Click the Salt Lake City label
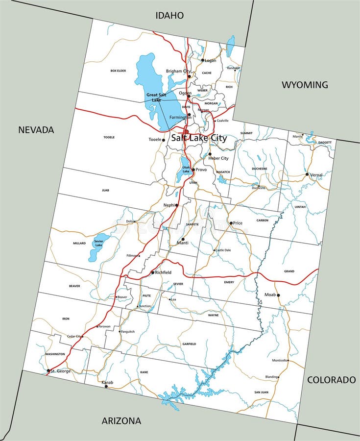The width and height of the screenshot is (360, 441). click(199, 138)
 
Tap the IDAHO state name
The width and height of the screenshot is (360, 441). click(169, 16)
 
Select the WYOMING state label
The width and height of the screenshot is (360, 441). click(305, 85)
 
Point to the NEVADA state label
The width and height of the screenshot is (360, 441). click(36, 130)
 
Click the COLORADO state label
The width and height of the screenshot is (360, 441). click(331, 380)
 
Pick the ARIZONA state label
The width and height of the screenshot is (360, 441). click(121, 420)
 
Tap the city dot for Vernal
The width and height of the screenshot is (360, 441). click(307, 174)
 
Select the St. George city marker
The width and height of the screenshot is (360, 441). click(48, 371)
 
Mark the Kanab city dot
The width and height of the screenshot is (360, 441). click(106, 386)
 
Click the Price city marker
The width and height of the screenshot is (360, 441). click(231, 223)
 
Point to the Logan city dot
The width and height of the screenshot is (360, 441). click(203, 60)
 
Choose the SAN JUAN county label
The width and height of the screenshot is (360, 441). click(261, 392)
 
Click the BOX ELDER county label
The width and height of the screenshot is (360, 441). click(118, 71)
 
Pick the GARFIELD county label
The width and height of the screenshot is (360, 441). click(189, 344)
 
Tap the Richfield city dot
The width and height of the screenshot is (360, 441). click(153, 272)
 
